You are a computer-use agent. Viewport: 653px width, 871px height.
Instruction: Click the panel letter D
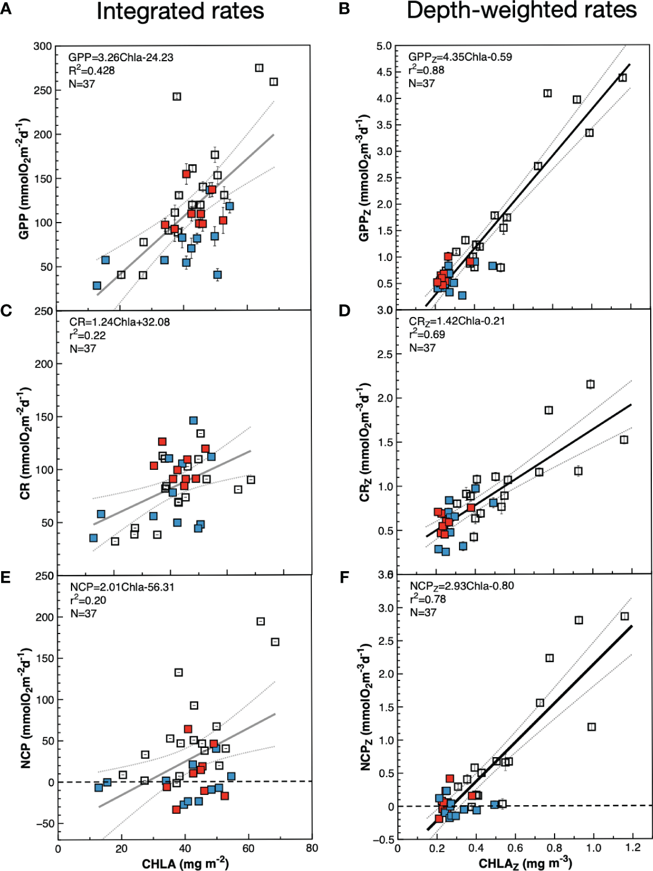(x=345, y=311)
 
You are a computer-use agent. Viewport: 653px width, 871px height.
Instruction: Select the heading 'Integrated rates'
(x=180, y=11)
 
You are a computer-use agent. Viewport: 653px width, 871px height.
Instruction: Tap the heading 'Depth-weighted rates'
(x=521, y=10)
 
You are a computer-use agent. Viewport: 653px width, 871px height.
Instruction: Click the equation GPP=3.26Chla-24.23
(x=121, y=57)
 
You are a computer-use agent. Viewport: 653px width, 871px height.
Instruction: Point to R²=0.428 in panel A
(x=92, y=70)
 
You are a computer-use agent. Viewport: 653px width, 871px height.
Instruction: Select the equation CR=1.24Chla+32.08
(x=120, y=322)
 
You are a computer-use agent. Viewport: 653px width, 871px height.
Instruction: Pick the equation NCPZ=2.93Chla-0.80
(x=462, y=586)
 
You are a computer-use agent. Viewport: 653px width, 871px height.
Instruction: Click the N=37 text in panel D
(x=422, y=348)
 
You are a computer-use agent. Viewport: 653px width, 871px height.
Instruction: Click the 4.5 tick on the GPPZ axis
(x=384, y=72)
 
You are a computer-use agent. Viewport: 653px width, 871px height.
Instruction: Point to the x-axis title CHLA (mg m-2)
(x=185, y=863)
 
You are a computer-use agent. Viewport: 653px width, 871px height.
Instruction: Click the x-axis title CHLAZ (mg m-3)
(x=525, y=863)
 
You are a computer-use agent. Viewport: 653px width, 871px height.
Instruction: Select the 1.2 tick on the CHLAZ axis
(x=633, y=848)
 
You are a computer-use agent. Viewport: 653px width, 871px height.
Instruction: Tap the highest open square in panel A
(x=259, y=68)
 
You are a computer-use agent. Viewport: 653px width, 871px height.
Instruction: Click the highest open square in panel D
(x=591, y=385)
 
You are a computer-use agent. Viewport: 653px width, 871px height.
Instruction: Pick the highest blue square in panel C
(x=193, y=421)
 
